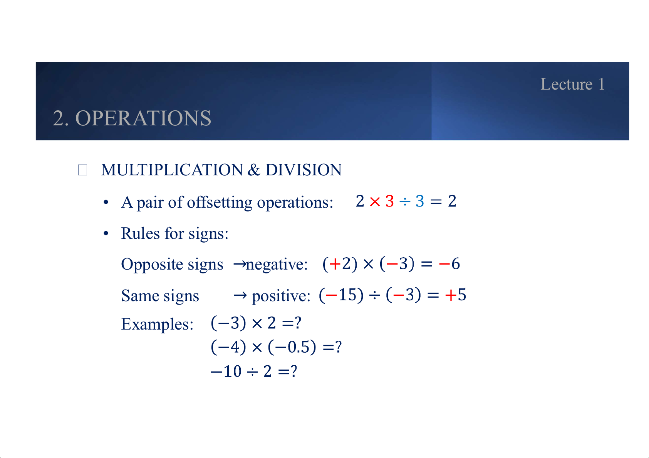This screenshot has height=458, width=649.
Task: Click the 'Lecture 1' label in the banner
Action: click(572, 84)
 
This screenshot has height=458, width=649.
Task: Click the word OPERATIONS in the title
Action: click(143, 118)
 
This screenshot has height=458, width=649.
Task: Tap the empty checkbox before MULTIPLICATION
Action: click(82, 170)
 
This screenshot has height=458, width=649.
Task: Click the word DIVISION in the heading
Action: click(304, 170)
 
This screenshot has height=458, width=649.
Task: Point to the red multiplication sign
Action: click(375, 202)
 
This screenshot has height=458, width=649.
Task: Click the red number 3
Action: click(390, 201)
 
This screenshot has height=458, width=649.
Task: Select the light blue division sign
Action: click(405, 202)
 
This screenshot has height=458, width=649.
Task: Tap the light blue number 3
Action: click(420, 201)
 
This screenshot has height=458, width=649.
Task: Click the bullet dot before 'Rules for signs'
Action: click(106, 233)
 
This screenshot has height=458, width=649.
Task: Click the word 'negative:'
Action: click(277, 265)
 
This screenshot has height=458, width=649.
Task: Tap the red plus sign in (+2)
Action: click(335, 264)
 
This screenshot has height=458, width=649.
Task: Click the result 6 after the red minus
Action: click(456, 263)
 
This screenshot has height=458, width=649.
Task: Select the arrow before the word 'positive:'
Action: click(240, 295)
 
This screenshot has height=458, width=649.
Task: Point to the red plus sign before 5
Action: click(451, 295)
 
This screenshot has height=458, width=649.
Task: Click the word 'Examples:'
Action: click(157, 324)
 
